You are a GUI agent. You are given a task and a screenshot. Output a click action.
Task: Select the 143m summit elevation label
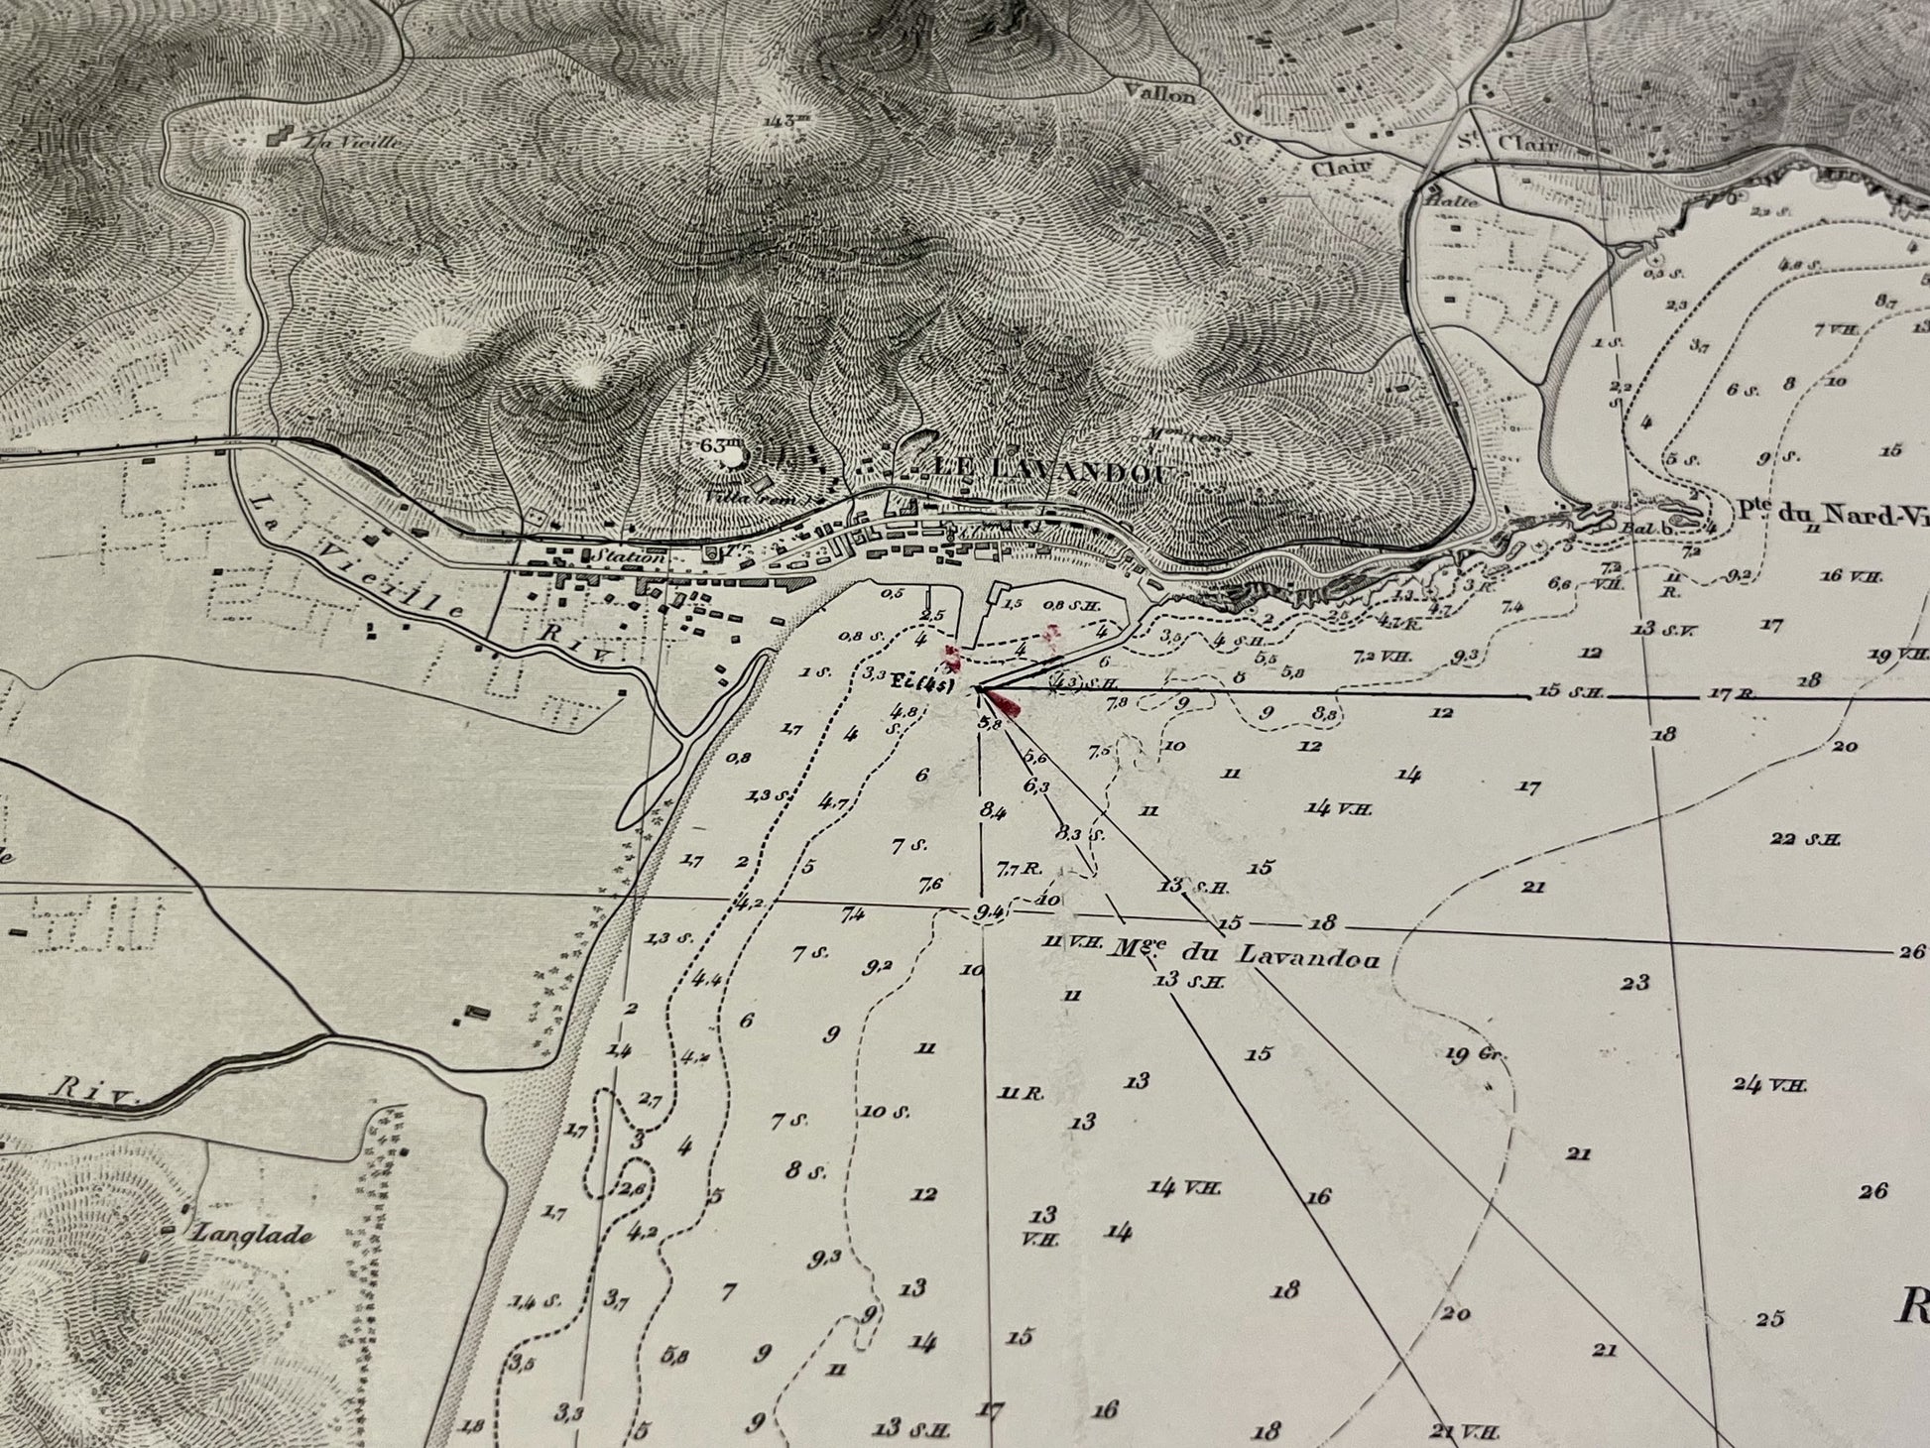click(x=783, y=122)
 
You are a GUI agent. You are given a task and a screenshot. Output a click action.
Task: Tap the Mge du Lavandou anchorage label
click(x=1247, y=955)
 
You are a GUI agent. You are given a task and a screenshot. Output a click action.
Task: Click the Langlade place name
click(x=253, y=1235)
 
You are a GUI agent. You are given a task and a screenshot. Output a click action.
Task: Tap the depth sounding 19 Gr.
click(x=1477, y=1054)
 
